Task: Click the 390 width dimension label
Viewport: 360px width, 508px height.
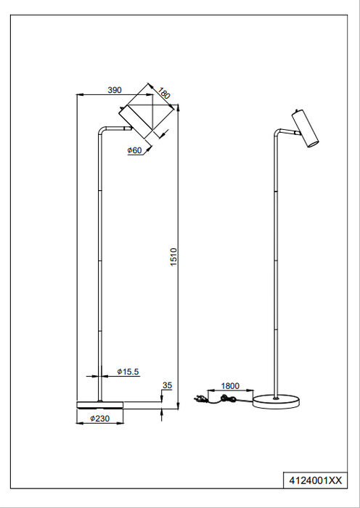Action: tap(115, 90)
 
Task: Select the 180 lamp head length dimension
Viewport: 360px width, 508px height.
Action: tap(165, 94)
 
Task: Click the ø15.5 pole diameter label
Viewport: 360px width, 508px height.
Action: tap(128, 372)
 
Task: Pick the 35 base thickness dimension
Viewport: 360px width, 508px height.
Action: tap(168, 386)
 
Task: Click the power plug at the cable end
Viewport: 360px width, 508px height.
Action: tap(200, 398)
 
